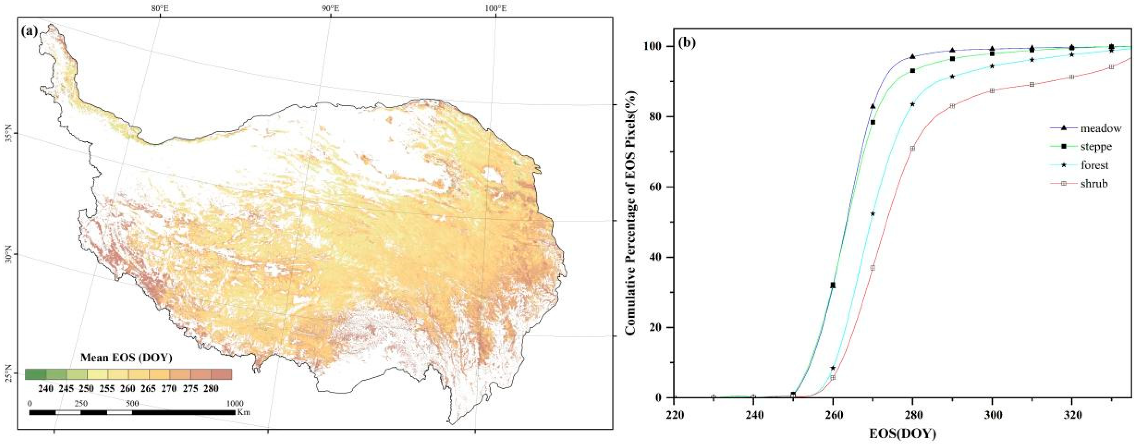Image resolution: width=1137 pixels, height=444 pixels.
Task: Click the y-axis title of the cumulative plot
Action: point(633,212)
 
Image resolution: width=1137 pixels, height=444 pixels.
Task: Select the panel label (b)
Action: point(687,43)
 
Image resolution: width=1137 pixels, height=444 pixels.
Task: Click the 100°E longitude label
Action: point(496,8)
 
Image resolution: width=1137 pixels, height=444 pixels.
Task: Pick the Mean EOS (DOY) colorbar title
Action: point(126,358)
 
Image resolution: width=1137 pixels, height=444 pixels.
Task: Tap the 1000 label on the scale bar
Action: point(235,403)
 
